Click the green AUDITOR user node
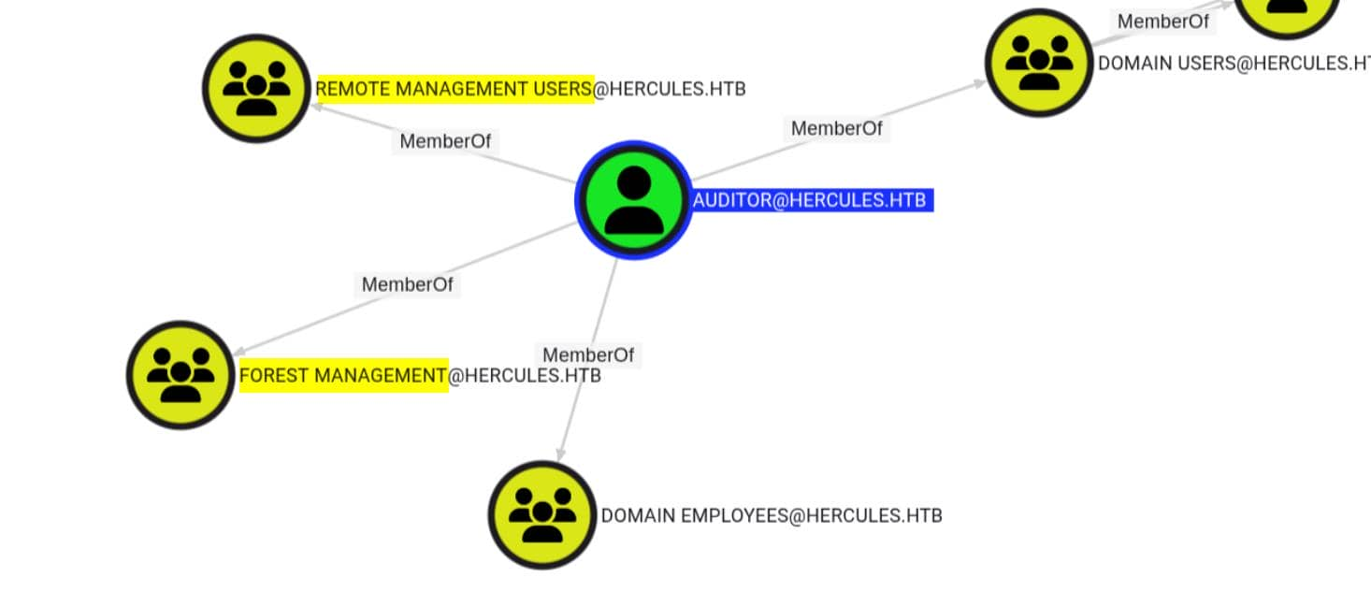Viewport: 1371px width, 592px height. (x=633, y=200)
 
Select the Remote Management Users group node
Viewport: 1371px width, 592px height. (x=256, y=89)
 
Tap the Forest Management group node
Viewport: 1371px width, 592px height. (x=180, y=375)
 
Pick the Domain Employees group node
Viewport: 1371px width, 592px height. (x=541, y=515)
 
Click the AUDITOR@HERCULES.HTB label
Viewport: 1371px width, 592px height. (x=810, y=200)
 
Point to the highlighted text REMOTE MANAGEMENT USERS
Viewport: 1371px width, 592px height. (x=455, y=89)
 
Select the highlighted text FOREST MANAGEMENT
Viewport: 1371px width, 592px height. (x=343, y=376)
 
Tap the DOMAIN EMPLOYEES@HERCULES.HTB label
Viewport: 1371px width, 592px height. (x=771, y=515)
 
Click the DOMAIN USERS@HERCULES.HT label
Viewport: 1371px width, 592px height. (x=1233, y=64)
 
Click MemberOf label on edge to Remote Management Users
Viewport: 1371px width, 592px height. (x=445, y=141)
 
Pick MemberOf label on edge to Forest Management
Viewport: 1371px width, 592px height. (x=407, y=284)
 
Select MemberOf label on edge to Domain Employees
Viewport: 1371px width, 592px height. (x=588, y=355)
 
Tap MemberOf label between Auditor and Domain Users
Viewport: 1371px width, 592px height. (x=836, y=129)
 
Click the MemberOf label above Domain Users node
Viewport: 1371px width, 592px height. (x=1163, y=22)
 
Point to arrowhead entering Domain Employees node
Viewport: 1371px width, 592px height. (x=560, y=454)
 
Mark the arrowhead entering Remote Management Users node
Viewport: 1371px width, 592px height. (x=317, y=107)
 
